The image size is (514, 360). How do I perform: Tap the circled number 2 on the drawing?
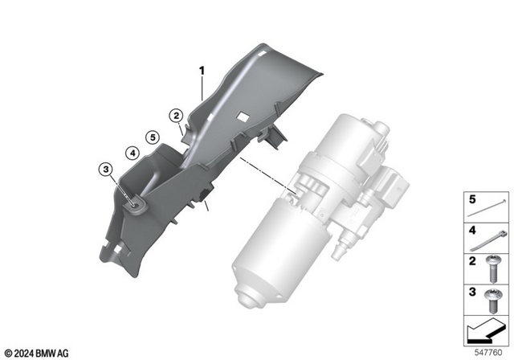click(x=174, y=116)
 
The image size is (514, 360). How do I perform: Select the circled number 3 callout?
click(x=104, y=169)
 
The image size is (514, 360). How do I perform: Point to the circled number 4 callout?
click(x=129, y=150)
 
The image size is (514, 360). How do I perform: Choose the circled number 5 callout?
click(x=151, y=136)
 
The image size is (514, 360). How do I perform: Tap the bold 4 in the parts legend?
click(x=472, y=229)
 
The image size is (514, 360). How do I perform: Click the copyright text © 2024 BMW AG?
click(x=37, y=351)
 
